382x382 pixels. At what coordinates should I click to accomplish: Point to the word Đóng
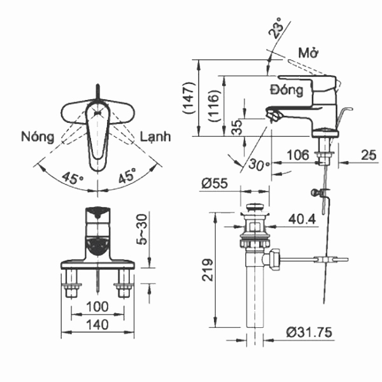coord(286,90)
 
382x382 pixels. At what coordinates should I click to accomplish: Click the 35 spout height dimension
coord(237,126)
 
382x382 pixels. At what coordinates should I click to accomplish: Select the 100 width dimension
coord(97,307)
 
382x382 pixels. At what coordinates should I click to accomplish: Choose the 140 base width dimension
coord(97,324)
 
